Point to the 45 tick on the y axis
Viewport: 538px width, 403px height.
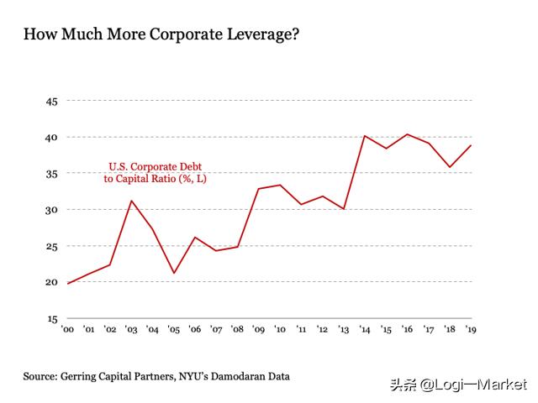click(50, 101)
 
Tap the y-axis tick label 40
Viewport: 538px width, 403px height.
click(50, 137)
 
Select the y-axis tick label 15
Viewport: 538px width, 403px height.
click(50, 319)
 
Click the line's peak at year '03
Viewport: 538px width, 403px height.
click(132, 201)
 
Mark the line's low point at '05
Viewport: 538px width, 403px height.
click(174, 273)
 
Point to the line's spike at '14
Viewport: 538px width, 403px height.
click(365, 136)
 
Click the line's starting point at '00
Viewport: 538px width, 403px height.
click(68, 283)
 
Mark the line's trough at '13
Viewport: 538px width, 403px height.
click(344, 208)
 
